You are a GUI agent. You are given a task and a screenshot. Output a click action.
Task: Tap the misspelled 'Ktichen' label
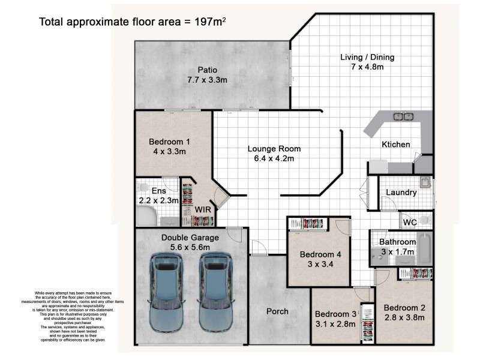[x=396, y=144]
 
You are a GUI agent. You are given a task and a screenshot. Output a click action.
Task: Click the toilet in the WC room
[x=425, y=221]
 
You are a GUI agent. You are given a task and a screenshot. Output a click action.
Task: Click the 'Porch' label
[x=277, y=311]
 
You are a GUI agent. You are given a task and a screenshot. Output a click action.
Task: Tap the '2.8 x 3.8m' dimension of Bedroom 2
[x=404, y=317]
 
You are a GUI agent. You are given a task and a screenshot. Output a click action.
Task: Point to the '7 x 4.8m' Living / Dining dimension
[x=367, y=67]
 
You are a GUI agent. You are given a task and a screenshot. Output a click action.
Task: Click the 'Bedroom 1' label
[x=169, y=142]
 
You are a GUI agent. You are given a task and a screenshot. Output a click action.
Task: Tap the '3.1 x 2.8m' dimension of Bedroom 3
[x=335, y=324]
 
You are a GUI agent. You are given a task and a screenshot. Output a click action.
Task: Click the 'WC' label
[x=410, y=222]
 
